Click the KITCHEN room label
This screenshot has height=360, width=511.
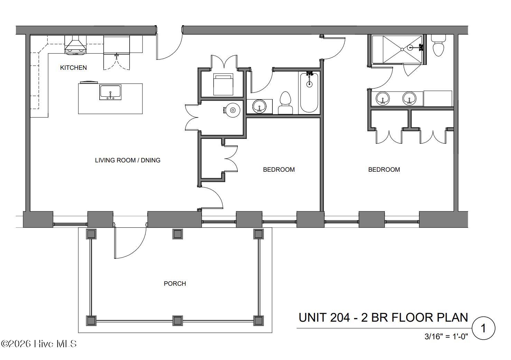73,68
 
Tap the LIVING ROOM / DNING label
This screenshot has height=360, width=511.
128,160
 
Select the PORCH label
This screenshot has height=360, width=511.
175,284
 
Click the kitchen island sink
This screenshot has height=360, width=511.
110,93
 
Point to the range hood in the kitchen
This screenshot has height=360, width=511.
75,46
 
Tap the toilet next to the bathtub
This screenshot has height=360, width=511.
285,103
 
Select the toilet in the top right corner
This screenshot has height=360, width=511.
439,47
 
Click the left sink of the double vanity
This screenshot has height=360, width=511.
383,98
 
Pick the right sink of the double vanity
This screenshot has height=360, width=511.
409,98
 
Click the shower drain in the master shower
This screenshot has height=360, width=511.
402,49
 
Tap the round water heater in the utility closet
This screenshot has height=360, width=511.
233,110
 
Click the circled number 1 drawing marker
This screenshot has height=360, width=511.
483,328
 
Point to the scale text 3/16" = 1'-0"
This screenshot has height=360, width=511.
446,336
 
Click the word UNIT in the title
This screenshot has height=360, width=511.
313,318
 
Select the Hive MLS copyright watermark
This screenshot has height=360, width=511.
39,344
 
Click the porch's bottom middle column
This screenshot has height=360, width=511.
177,320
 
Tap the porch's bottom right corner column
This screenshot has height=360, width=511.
258,320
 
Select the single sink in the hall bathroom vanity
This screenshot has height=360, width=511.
259,106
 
